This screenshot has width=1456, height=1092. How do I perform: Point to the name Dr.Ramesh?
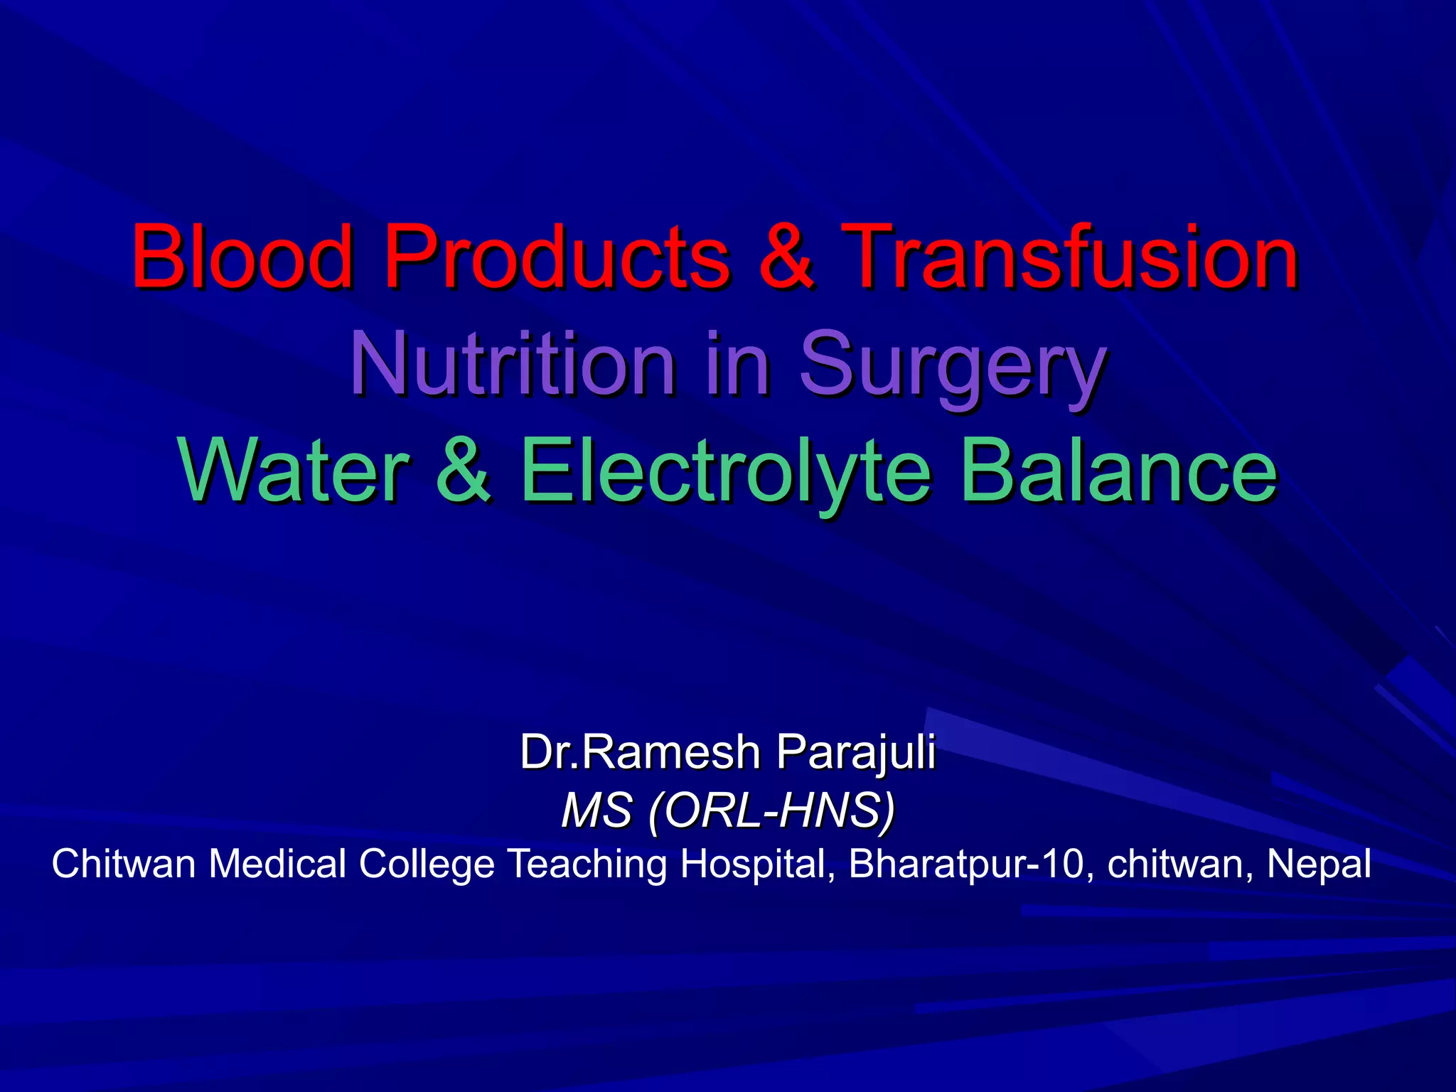(x=640, y=751)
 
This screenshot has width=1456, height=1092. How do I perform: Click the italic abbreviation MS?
(x=596, y=810)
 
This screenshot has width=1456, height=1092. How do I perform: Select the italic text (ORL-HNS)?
(x=771, y=810)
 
